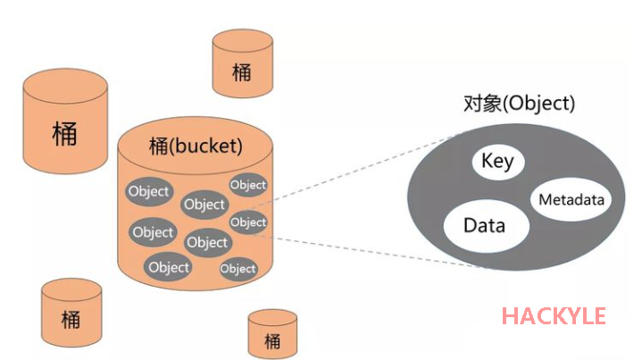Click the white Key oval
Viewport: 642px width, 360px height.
[497, 162]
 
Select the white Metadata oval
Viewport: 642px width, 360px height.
[571, 199]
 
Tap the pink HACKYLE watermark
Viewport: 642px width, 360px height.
[554, 315]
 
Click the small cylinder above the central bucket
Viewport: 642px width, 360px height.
[241, 64]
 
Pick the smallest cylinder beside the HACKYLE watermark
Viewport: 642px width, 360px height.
[272, 334]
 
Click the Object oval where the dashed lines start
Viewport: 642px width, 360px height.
[248, 222]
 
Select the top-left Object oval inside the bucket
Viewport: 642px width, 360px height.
[148, 191]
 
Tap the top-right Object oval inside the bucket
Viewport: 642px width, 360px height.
[248, 185]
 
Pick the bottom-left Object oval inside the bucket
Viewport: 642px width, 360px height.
[169, 266]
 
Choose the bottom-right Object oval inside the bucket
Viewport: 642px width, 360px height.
[238, 268]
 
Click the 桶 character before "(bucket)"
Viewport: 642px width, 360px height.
[159, 145]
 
